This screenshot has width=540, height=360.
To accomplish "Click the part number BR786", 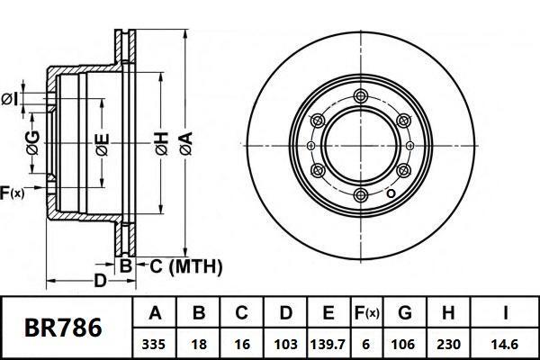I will pos(62,328).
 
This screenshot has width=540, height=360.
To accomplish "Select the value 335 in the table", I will pos(154,343).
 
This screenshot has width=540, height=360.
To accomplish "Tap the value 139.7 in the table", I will pos(328,343).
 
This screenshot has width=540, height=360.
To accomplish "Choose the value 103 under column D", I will pos(285,343).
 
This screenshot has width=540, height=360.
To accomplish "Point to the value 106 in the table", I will pos(405,343).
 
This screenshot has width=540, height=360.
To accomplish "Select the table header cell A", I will pos(154,313).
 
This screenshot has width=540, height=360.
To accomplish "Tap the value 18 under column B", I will pos(199,343).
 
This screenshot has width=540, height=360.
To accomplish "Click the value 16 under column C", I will pos(242,343).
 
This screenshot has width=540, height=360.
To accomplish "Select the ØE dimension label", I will pos(103,144).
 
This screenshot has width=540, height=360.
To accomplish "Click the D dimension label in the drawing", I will pos(101,282).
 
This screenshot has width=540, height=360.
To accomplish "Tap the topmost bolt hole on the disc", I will pos(361,97).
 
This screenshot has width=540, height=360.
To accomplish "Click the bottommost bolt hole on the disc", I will pos(361,195).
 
